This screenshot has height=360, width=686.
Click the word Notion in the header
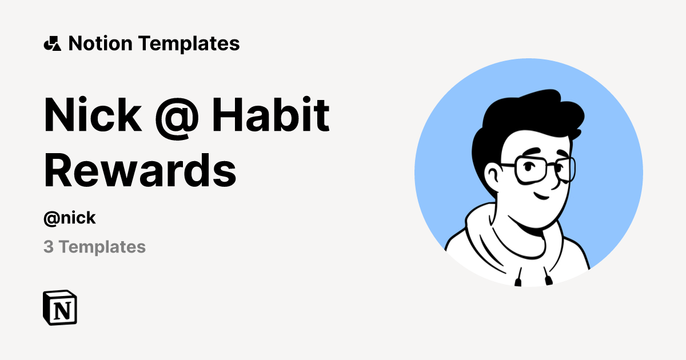101,43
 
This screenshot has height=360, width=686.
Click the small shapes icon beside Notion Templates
52,43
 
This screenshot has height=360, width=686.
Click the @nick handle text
70,218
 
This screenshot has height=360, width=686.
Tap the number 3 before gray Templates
49,247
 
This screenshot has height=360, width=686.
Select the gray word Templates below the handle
102,247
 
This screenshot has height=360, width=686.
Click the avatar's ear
492,174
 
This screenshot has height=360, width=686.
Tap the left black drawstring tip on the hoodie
519,281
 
